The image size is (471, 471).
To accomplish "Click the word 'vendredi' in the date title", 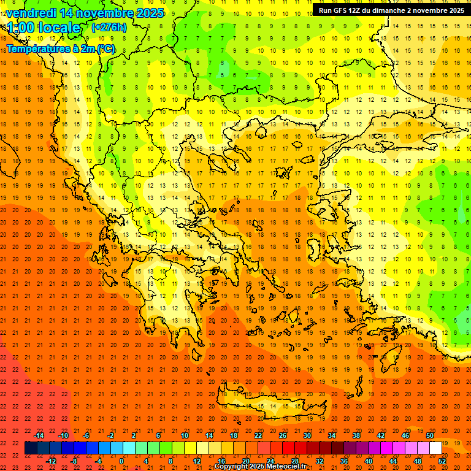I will pos(31,13).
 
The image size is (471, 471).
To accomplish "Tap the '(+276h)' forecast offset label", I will pos(109,27).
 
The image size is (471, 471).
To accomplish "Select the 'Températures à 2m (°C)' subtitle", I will pos(60,48).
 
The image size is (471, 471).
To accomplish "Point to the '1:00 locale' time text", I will pos(44,28).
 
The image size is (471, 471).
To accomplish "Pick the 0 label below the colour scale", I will pos(121,461).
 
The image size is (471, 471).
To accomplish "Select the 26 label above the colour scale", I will pos(283,435).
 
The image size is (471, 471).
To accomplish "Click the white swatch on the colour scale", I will pos(436,448).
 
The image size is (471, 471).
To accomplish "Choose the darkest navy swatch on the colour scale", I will pos(31,448).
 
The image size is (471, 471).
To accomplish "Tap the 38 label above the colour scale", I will pos(356,435).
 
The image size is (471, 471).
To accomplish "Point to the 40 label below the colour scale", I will pos(369,461).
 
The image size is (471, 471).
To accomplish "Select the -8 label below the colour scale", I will pos(74,461).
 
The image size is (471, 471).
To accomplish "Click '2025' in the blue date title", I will pos(150,13).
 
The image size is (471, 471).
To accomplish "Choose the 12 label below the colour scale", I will pos(197,461).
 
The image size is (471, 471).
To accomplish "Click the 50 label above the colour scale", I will pos(430,435).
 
